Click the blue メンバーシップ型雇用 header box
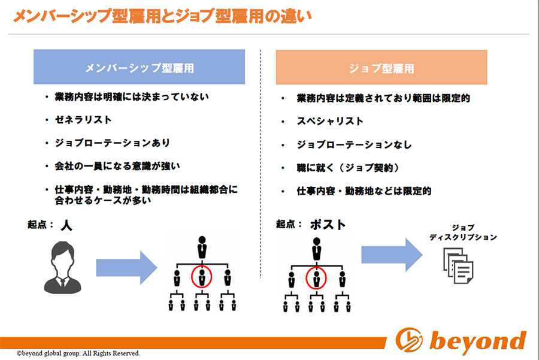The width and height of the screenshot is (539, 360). pyautogui.click(x=139, y=66)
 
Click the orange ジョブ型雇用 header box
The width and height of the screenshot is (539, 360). pyautogui.click(x=381, y=68)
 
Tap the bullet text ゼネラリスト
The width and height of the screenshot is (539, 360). pyautogui.click(x=83, y=120)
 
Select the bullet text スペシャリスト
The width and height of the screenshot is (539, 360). pyautogui.click(x=331, y=121)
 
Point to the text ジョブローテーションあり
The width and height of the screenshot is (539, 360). pyautogui.click(x=113, y=143)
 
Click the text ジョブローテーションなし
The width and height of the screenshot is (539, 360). pyautogui.click(x=355, y=144)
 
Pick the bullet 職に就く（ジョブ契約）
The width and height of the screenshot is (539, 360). pyautogui.click(x=348, y=168)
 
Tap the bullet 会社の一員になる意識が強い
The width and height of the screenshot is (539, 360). pyautogui.click(x=117, y=166)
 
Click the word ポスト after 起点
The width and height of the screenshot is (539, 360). pyautogui.click(x=328, y=225)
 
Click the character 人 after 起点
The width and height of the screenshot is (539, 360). pyautogui.click(x=66, y=226)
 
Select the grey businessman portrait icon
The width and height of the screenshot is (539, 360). pyautogui.click(x=62, y=268)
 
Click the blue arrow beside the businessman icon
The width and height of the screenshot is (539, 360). pyautogui.click(x=126, y=268)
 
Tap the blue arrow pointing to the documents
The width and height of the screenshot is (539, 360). pyautogui.click(x=392, y=255)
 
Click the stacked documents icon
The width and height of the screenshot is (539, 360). pyautogui.click(x=458, y=265)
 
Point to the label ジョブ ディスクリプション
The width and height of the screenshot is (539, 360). pyautogui.click(x=463, y=232)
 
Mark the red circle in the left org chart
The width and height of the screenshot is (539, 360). pyautogui.click(x=201, y=266)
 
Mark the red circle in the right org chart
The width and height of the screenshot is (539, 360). pyautogui.click(x=316, y=268)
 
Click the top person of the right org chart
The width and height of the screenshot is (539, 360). pyautogui.click(x=317, y=249)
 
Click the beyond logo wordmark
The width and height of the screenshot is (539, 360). pyautogui.click(x=478, y=341)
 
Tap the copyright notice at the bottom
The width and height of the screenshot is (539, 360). pyautogui.click(x=78, y=353)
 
